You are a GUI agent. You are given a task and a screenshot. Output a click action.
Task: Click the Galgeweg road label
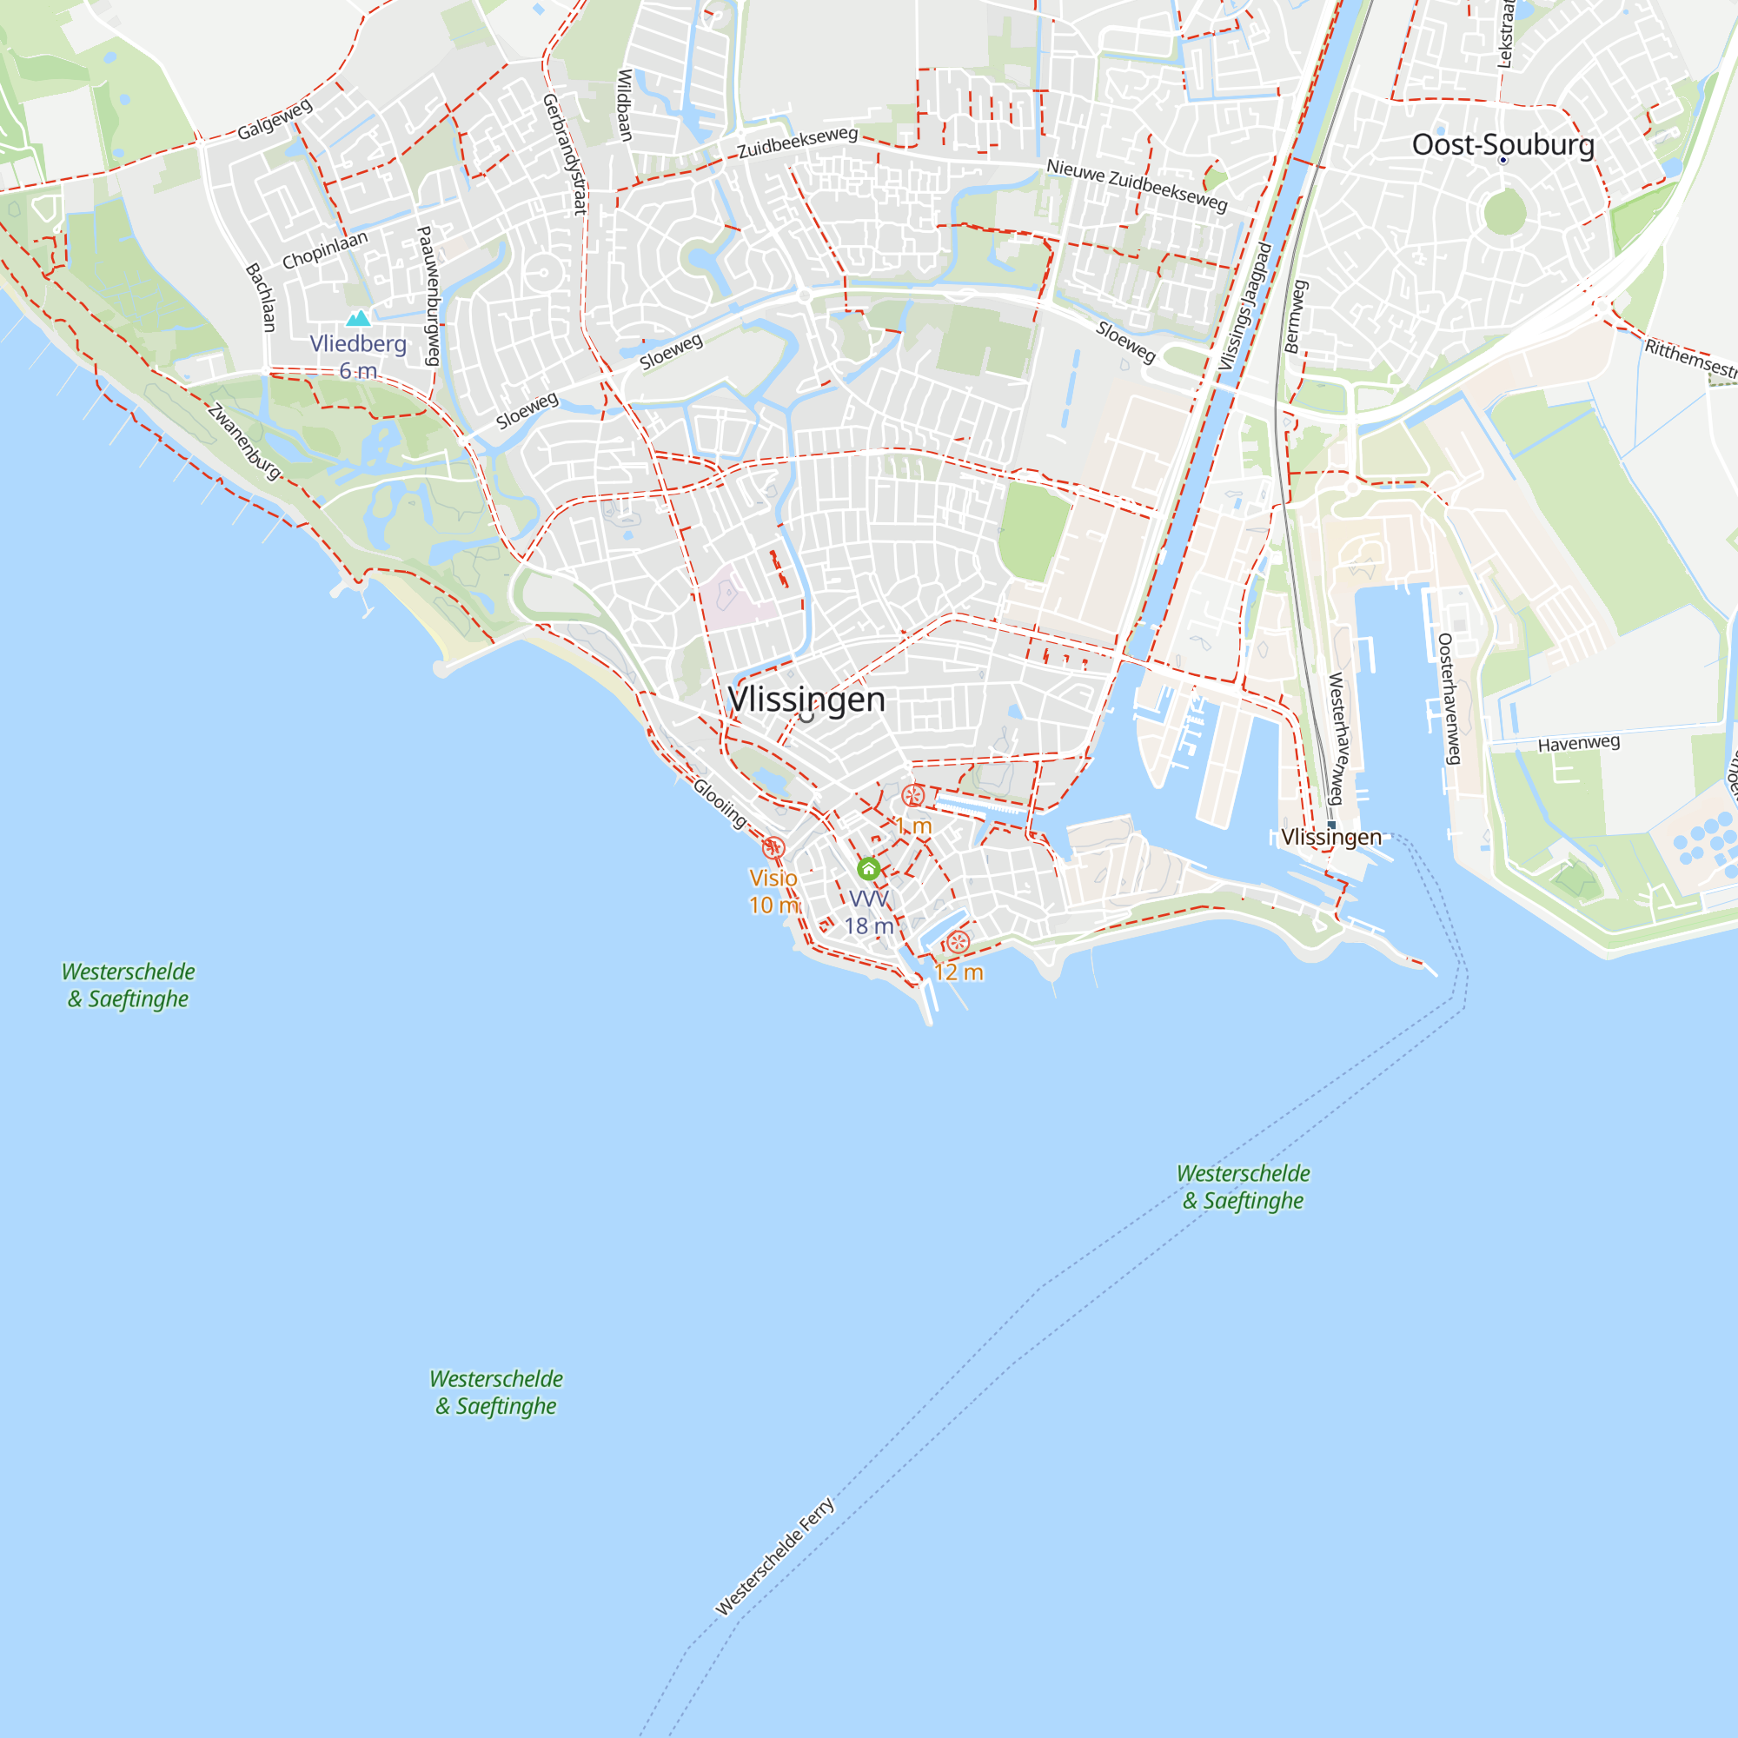275,120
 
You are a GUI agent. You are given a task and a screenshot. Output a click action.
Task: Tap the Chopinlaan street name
325,250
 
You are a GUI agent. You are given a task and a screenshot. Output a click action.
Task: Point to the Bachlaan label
262,297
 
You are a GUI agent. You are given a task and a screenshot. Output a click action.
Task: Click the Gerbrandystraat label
565,154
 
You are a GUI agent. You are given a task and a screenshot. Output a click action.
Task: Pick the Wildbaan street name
624,105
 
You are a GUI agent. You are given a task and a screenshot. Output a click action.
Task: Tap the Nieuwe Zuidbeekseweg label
1136,184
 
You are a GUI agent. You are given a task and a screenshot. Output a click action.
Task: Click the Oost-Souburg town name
1503,144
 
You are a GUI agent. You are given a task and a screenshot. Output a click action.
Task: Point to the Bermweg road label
1296,316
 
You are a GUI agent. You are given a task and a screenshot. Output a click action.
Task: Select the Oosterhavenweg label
1448,698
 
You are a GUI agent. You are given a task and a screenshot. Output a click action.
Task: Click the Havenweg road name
1579,743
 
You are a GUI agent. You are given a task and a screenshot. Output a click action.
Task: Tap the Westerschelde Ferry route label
774,1556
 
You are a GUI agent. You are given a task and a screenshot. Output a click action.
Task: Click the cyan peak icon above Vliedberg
358,317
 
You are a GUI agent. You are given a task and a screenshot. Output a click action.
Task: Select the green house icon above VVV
868,868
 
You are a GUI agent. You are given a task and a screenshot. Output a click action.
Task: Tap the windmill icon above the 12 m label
957,943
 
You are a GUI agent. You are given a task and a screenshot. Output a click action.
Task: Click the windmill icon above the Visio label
773,847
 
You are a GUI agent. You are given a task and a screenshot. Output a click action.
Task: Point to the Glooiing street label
720,802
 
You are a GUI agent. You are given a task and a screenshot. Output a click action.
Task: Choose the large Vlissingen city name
806,699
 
